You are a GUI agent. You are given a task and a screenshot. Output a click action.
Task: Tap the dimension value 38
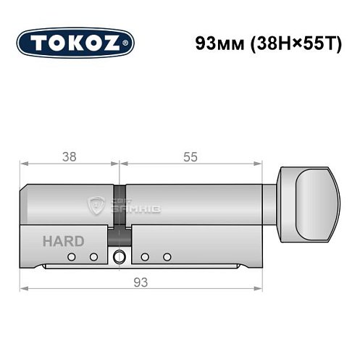pyautogui.click(x=70, y=156)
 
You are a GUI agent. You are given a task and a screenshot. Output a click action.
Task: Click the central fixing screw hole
pyautogui.click(x=119, y=257)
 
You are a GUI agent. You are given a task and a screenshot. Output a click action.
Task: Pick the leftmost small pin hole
pyautogui.click(x=72, y=257)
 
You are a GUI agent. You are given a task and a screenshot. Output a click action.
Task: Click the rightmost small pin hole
pyautogui.click(x=167, y=257)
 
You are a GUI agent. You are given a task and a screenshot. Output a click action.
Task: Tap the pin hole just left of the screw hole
pyautogui.click(x=93, y=257)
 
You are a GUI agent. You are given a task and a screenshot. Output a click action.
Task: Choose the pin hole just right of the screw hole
pyautogui.click(x=145, y=257)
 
